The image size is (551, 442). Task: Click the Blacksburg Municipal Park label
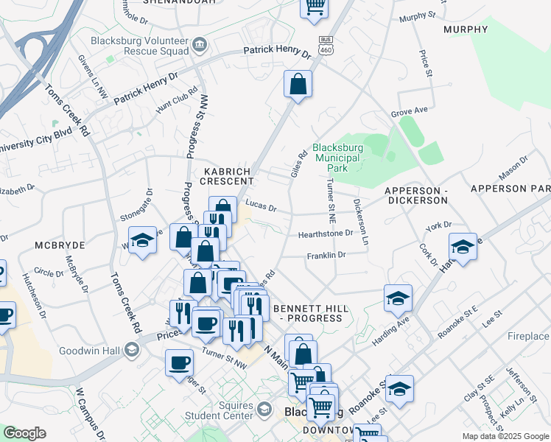coord(338,158)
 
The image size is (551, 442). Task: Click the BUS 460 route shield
coord(324,44)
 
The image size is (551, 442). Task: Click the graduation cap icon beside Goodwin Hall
coord(131,350)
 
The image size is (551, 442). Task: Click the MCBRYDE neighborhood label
coord(60,244)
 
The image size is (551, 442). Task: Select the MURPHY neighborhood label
coord(466,29)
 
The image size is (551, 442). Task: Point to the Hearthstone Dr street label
coord(326,234)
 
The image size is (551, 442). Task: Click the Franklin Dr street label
coord(326,255)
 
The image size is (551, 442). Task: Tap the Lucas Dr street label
coord(260,208)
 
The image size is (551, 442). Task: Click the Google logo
coord(24,433)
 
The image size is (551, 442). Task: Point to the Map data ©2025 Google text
coord(505,436)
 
